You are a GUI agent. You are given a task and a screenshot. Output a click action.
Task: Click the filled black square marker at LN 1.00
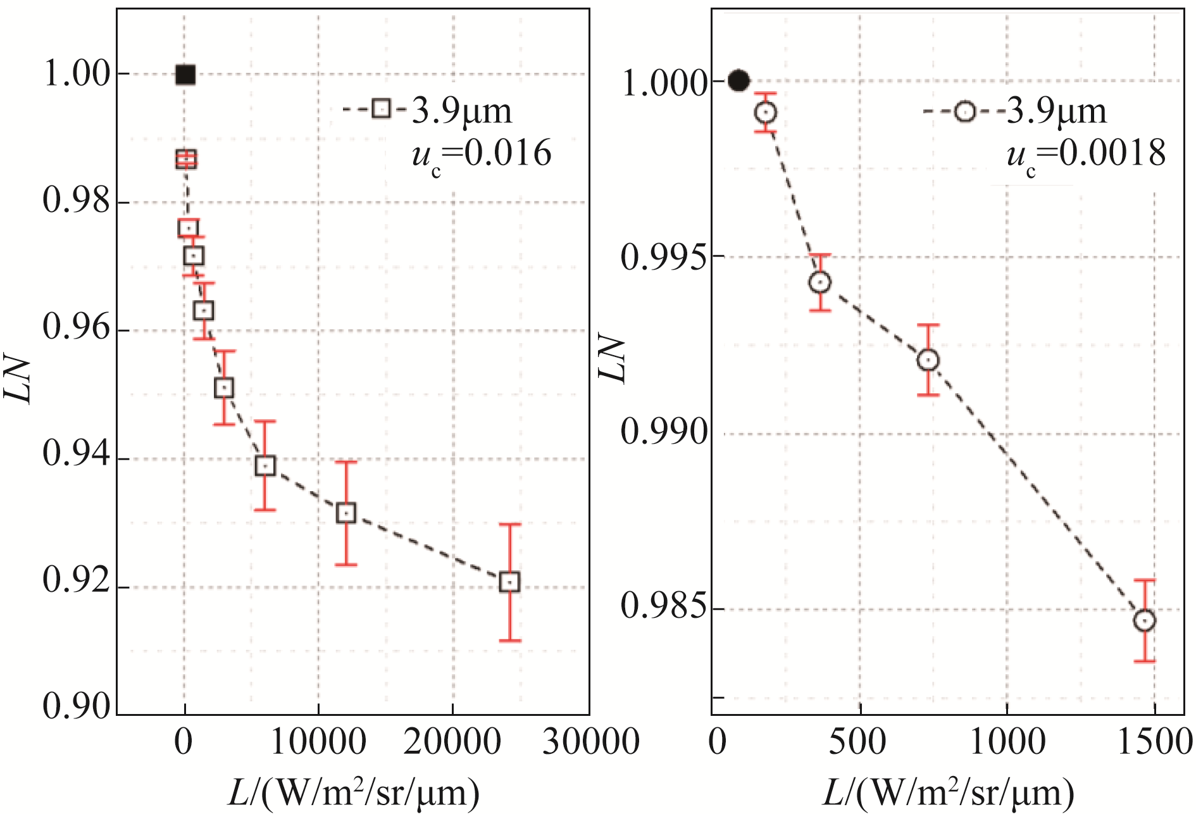click(x=185, y=75)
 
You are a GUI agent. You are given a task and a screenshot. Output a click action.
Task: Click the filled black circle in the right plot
click(x=739, y=81)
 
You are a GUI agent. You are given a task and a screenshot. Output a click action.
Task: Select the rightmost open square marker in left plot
click(x=509, y=582)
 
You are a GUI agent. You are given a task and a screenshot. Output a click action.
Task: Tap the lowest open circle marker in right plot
click(x=1145, y=620)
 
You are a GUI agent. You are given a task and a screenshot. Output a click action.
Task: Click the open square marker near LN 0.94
click(x=265, y=466)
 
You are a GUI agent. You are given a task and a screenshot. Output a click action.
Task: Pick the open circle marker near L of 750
click(x=928, y=360)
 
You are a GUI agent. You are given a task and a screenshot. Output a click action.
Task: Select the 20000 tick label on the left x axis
click(x=452, y=742)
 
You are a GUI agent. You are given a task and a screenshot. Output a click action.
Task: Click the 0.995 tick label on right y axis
click(x=663, y=258)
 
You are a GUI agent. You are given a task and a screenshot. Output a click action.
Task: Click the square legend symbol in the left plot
click(x=381, y=109)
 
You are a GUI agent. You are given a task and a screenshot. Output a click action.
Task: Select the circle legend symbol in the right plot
click(x=965, y=111)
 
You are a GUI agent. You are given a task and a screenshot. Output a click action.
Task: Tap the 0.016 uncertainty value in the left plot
click(x=508, y=154)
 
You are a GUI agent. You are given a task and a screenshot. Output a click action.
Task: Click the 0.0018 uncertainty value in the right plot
click(x=1112, y=154)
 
